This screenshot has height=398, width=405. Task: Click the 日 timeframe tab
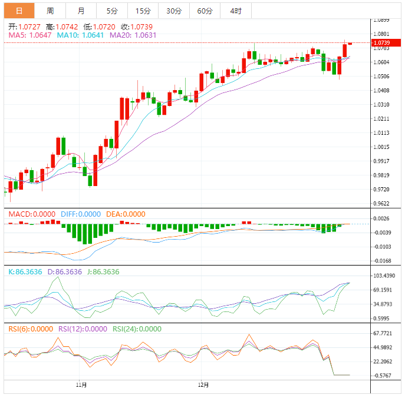[x=19, y=11]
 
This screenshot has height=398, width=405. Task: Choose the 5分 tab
[x=112, y=11]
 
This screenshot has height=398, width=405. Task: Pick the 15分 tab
[x=143, y=11]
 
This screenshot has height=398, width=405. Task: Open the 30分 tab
[x=174, y=11]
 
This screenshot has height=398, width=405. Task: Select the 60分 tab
[x=205, y=11]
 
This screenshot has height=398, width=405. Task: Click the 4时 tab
[x=236, y=11]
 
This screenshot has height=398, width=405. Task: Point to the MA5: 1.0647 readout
[x=31, y=35]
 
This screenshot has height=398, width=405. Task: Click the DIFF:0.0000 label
[x=81, y=214]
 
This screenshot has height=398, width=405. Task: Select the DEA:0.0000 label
[x=126, y=214]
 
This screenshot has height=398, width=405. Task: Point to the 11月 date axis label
[x=82, y=385]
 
